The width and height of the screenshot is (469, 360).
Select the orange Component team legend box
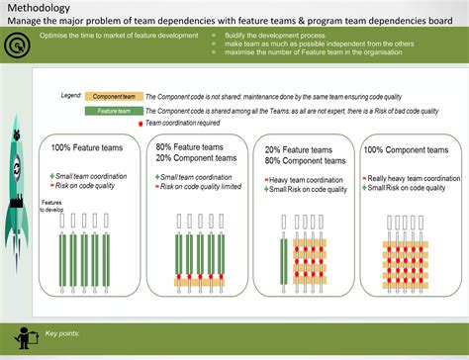[x=114, y=98]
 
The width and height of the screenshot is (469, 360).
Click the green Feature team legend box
[x=114, y=112]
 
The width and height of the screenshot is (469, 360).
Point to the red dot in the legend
[x=141, y=123]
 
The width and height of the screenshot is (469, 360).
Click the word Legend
[x=71, y=96]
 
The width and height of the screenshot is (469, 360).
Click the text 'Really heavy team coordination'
[x=414, y=178]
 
